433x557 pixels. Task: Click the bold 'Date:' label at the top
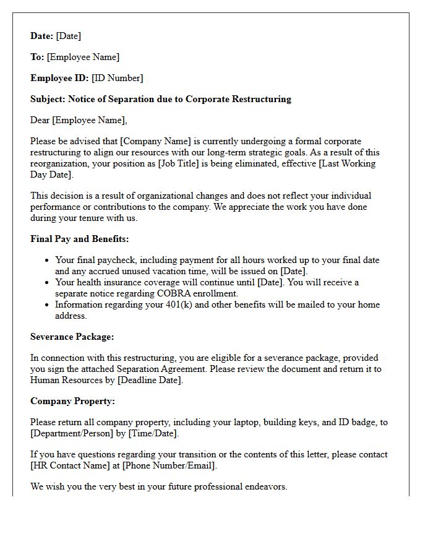coord(41,36)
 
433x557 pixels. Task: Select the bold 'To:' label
coord(37,57)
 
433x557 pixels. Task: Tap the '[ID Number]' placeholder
coord(117,78)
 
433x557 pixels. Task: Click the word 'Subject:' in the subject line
coord(48,99)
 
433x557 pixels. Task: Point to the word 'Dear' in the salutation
coord(40,120)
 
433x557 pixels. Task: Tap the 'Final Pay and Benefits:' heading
coord(79,239)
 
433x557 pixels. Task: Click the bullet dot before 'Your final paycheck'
coord(46,261)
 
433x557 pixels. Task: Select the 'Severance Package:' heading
coord(72,337)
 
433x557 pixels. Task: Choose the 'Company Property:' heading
coord(72,401)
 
